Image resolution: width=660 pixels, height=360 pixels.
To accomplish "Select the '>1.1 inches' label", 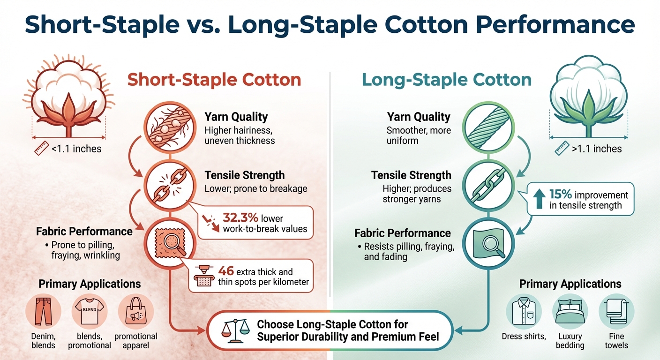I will pos(595,150).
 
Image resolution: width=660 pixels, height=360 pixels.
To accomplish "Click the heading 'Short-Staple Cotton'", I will pos(214,80).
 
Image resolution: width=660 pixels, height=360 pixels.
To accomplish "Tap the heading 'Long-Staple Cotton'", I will pos(447,80).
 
